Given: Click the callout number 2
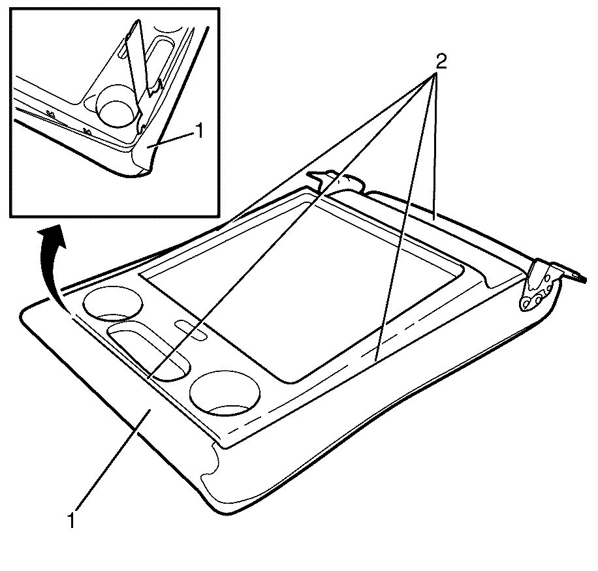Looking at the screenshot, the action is click(441, 61).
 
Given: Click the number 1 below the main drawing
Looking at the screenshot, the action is click(71, 521).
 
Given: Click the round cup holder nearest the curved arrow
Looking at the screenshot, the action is click(113, 304).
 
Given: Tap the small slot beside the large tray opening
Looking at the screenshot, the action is click(191, 330).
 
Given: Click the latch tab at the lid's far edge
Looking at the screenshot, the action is click(336, 181).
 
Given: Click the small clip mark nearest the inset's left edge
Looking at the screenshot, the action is click(50, 113).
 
